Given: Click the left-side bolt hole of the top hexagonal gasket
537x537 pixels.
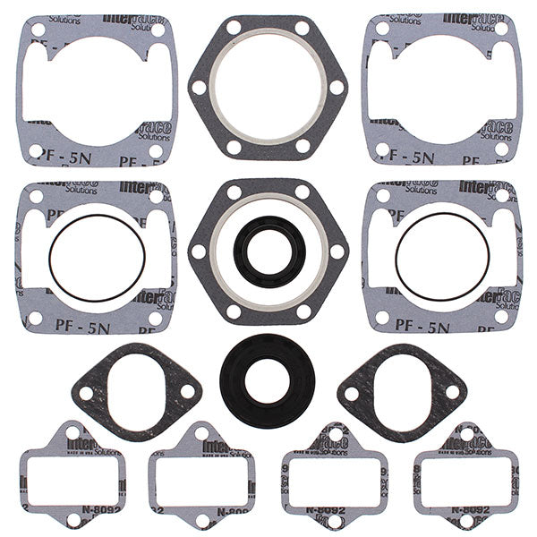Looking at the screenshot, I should (x=198, y=88).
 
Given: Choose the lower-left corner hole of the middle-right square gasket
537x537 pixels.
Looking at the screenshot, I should (x=382, y=318).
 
